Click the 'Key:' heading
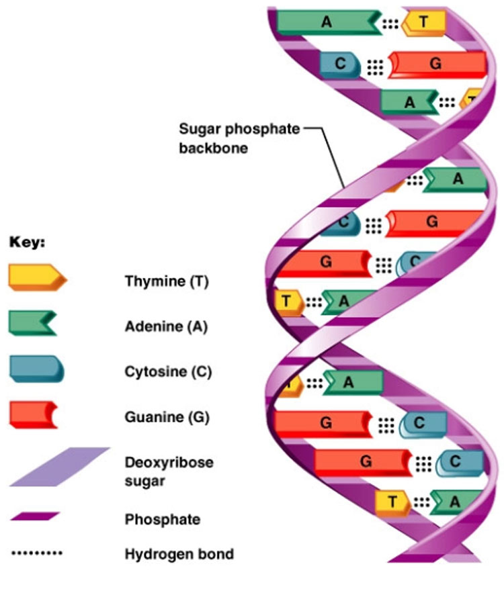tap(27, 243)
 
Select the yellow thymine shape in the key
tap(37, 277)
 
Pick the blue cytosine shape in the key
tap(36, 369)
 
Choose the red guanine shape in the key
tap(33, 414)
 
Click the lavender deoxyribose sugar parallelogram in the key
tap(59, 466)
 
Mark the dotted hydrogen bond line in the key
tap(37, 554)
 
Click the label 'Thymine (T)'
tap(167, 281)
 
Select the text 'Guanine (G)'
tap(167, 417)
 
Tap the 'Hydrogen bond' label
tap(179, 554)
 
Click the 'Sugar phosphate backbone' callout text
tap(239, 138)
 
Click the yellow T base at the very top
tap(424, 22)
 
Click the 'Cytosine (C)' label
tap(168, 372)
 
